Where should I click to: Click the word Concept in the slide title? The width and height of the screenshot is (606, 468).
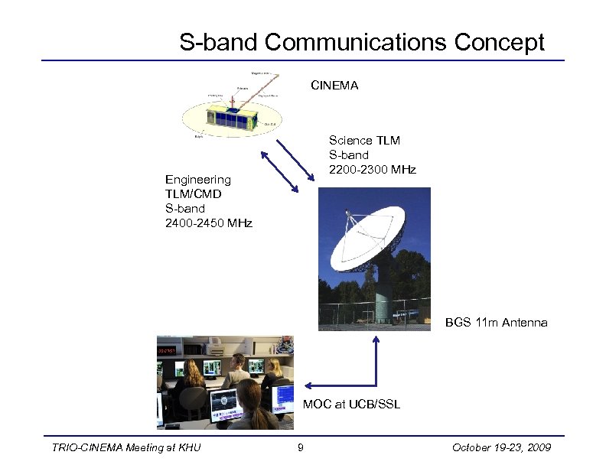tap(499, 42)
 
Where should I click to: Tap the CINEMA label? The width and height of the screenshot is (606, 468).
tap(334, 86)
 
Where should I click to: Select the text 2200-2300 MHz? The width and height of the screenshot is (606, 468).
tap(373, 169)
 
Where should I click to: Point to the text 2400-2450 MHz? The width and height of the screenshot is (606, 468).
tap(209, 223)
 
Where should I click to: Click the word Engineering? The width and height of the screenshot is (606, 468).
tap(197, 179)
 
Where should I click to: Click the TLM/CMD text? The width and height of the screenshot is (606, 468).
tap(193, 193)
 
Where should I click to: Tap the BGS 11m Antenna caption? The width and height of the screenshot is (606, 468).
tap(497, 322)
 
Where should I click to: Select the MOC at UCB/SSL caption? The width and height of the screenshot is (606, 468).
tap(351, 403)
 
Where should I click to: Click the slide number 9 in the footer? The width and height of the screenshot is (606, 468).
tap(301, 447)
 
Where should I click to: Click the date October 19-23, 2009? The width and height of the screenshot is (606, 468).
tap(501, 447)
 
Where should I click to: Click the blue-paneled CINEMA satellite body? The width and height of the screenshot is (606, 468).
tap(230, 120)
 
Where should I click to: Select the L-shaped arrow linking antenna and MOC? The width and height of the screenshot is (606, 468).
tap(376, 375)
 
